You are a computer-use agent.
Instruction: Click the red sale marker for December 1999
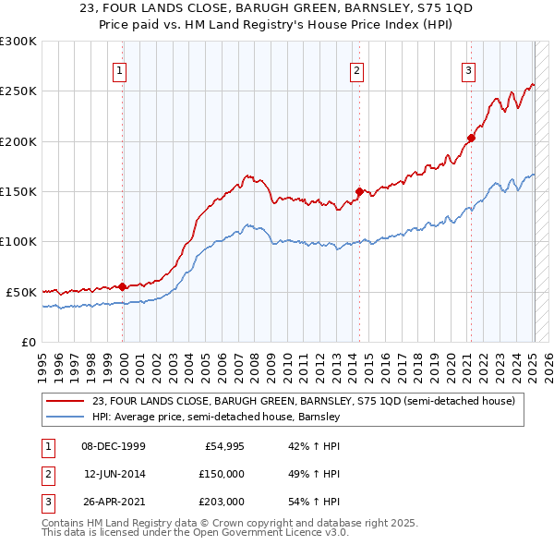(x=123, y=286)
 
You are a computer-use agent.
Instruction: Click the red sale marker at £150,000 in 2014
(x=359, y=192)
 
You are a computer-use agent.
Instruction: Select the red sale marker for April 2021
(x=470, y=139)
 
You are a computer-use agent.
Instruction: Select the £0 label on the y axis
(x=27, y=342)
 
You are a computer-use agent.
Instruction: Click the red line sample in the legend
(x=66, y=401)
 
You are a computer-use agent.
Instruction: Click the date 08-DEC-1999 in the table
(x=114, y=446)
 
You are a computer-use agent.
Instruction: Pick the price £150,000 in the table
(x=222, y=474)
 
